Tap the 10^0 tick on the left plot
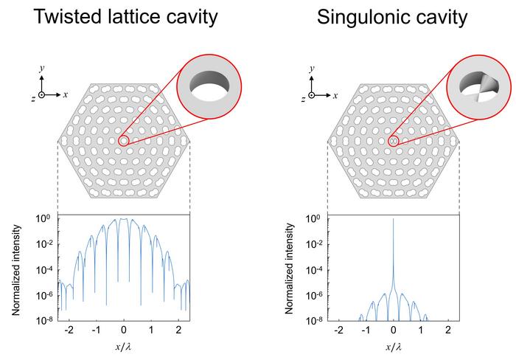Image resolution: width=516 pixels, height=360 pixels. click(x=43, y=219)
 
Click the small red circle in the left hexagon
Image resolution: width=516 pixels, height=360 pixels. click(x=124, y=140)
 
